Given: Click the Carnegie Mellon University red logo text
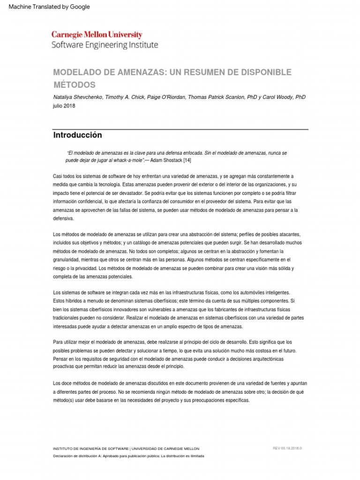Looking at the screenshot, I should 96,35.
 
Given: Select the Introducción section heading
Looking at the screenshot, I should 77,135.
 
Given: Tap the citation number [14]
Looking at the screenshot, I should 187,160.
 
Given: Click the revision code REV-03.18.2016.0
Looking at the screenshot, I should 287,448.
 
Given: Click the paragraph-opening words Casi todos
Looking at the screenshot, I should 63,176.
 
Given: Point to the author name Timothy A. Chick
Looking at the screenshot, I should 126,97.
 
